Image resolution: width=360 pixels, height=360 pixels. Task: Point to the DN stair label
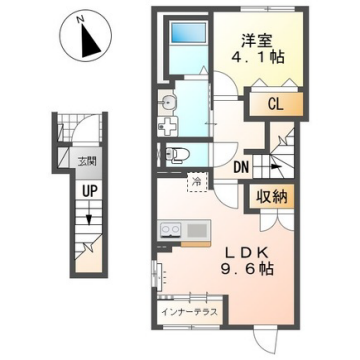click(241, 167)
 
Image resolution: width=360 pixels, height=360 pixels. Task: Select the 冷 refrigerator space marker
click(198, 180)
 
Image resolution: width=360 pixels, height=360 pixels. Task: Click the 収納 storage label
click(276, 195)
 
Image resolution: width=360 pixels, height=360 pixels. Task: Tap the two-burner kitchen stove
click(166, 232)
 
